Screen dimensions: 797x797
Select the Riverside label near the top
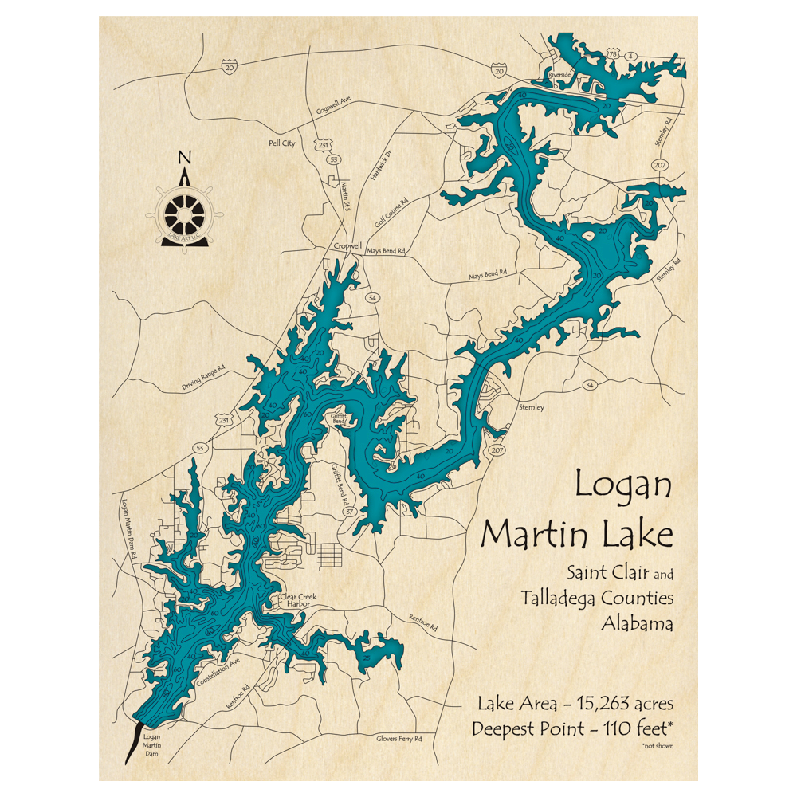pos(560,75)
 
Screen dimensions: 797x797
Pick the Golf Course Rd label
pos(396,211)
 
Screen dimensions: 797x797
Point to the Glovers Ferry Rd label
pos(398,739)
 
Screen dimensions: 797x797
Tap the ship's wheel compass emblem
pos(184,214)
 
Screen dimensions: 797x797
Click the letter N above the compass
pos(184,157)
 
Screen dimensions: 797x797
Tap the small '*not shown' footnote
pos(656,745)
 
